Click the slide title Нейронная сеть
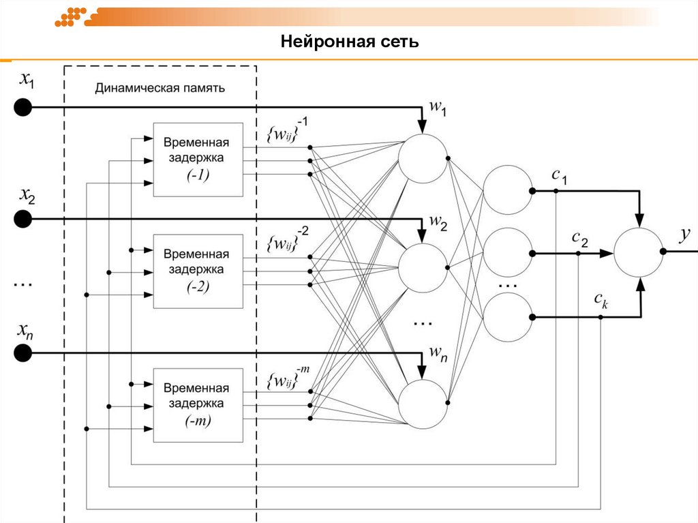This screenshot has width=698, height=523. [x=349, y=42]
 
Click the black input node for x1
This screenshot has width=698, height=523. [x=23, y=108]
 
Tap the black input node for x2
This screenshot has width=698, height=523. [x=23, y=218]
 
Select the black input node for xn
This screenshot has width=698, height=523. [x=23, y=353]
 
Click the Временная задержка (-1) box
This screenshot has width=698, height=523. [x=198, y=160]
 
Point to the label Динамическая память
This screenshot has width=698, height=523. [x=160, y=88]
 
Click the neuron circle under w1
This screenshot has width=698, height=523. [x=423, y=158]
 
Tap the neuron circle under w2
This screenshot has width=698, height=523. [x=423, y=267]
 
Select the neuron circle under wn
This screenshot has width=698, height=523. [x=423, y=404]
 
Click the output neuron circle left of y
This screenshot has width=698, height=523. [x=638, y=252]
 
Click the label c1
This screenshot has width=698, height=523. [x=559, y=175]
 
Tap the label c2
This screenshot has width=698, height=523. [x=579, y=237]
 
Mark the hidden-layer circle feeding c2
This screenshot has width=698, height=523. [x=507, y=252]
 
